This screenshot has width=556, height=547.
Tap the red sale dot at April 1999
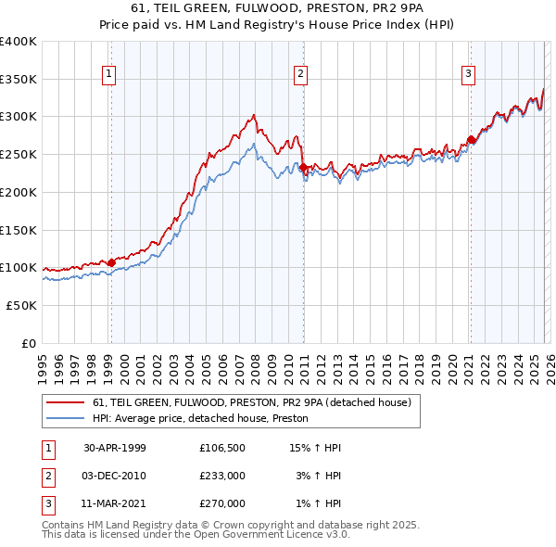point(111,262)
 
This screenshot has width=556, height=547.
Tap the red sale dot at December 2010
point(303,167)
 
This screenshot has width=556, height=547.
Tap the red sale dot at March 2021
point(471,140)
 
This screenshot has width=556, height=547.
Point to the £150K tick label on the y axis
point(18,229)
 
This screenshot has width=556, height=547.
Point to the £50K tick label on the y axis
point(20,304)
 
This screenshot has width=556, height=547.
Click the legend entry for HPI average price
point(200,419)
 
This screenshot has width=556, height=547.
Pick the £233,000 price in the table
point(222,476)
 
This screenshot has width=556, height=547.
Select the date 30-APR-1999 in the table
point(115,448)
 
